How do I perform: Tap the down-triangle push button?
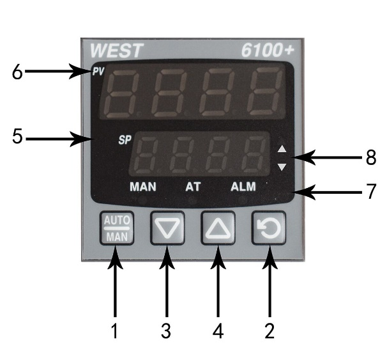point(167,228)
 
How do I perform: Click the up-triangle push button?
point(218,228)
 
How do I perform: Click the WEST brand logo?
point(116,51)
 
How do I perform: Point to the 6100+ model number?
point(268,50)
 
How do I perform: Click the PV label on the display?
point(98,72)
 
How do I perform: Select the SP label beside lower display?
point(125,140)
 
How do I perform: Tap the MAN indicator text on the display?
point(143,187)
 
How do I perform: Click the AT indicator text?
point(193,187)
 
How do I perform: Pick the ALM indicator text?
point(243,187)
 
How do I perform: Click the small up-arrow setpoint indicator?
point(282,149)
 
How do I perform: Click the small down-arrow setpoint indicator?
point(282,167)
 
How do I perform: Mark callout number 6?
point(17,72)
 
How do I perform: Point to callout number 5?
point(17,136)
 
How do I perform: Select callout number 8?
point(371,157)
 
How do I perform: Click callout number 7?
point(371,191)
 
